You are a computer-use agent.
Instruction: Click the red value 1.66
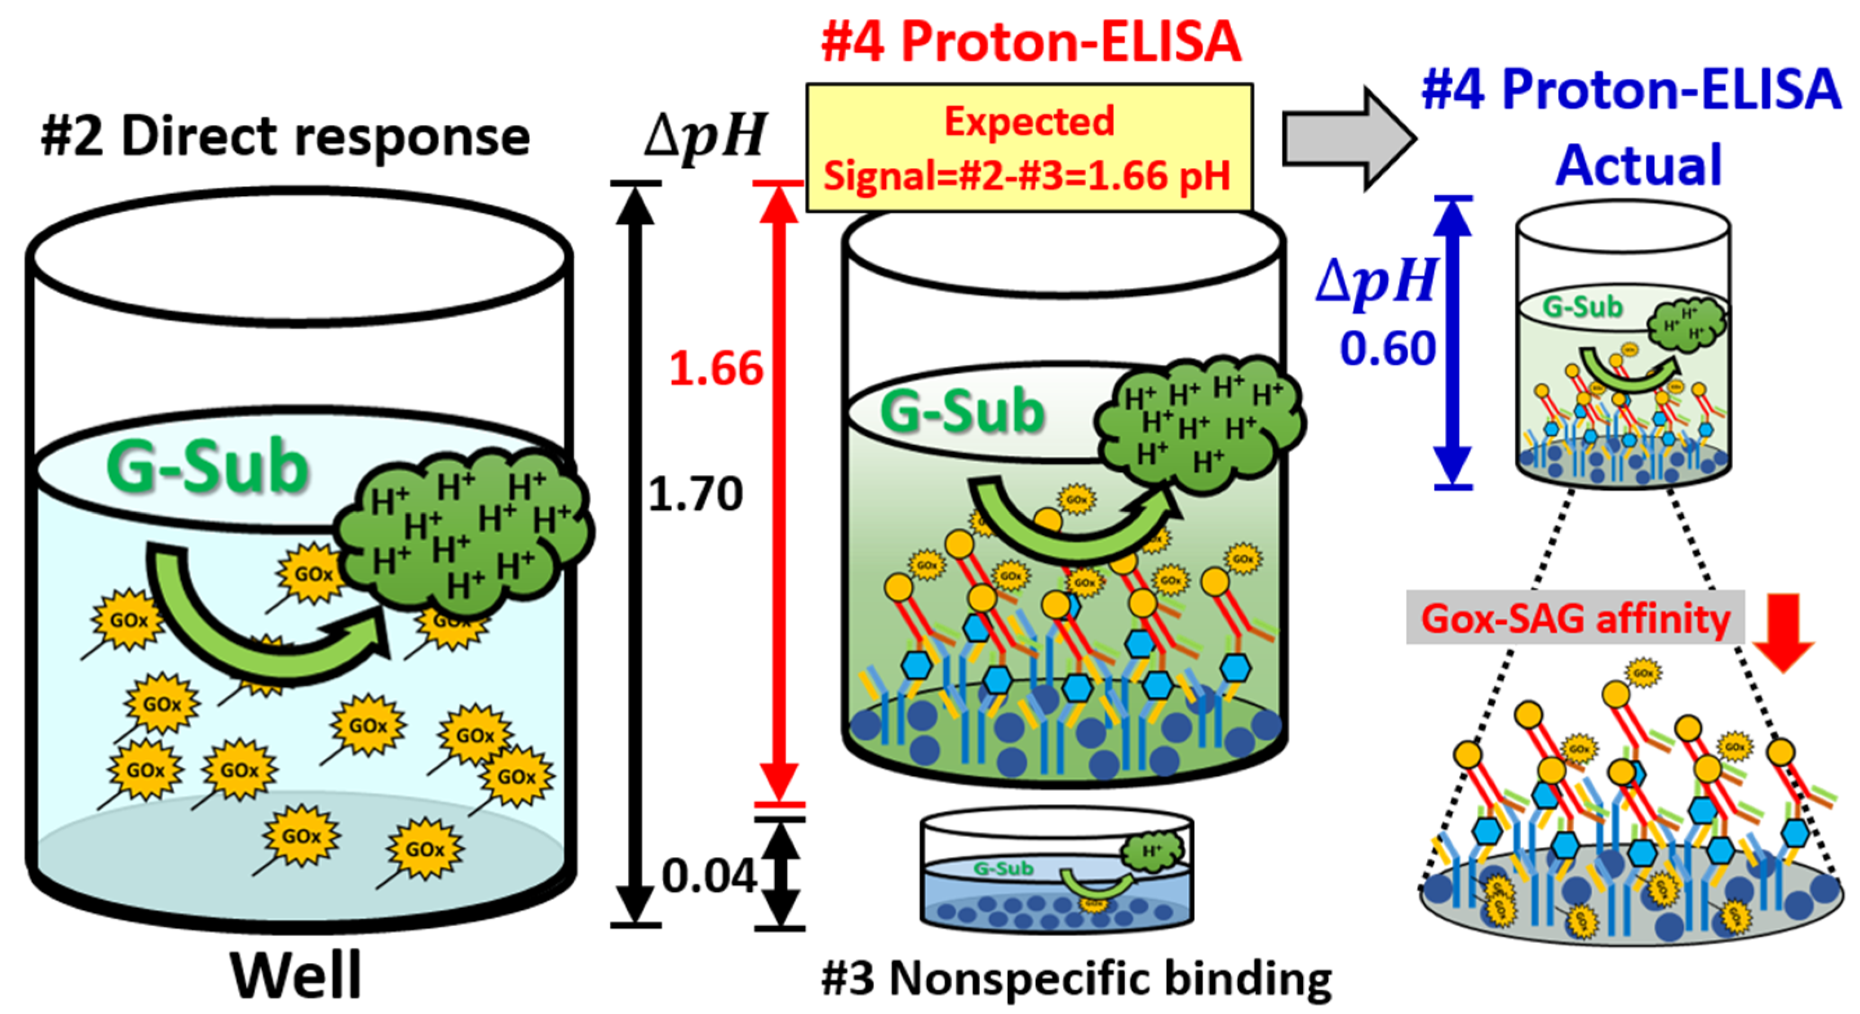(x=716, y=369)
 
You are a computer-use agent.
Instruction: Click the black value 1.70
(x=695, y=494)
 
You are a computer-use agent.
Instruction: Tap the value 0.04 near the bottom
(x=708, y=876)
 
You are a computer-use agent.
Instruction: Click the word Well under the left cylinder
(x=296, y=974)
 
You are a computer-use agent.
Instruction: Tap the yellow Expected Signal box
(x=1028, y=148)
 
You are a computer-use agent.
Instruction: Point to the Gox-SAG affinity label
(x=1575, y=618)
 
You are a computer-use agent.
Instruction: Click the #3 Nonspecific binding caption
(x=1076, y=979)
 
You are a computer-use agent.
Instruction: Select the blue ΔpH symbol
(x=1375, y=281)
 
